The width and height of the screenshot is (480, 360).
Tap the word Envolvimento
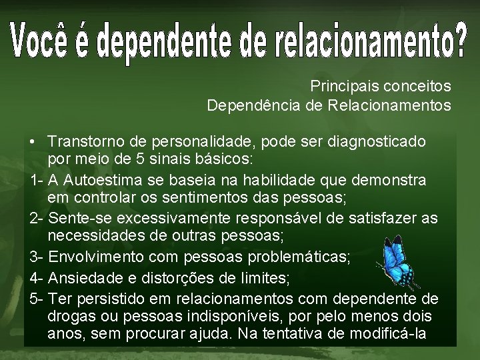coord(96,257)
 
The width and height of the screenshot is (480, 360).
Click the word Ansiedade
coord(83,277)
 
